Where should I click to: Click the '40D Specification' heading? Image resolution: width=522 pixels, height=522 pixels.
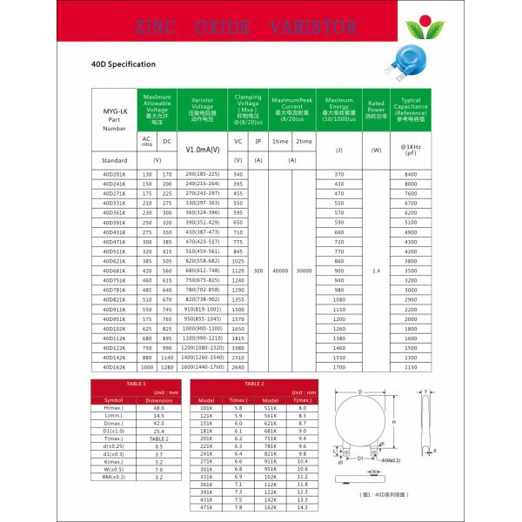(123, 64)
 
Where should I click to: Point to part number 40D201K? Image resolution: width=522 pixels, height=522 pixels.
(114, 175)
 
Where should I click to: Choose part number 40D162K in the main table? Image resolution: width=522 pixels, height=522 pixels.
(114, 368)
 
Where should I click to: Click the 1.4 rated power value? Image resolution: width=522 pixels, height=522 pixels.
(376, 271)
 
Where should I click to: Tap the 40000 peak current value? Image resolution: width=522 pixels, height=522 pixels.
(280, 271)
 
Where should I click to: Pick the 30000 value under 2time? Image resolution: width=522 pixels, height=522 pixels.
(304, 271)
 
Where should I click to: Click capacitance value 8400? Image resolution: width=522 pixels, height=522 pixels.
(411, 175)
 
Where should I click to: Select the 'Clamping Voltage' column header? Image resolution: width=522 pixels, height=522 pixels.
(247, 110)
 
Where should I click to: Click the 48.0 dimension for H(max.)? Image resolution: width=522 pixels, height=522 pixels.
(159, 407)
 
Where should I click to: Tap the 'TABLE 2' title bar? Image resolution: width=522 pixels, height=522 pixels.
(253, 383)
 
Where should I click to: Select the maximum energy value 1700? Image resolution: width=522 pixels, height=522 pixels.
(339, 368)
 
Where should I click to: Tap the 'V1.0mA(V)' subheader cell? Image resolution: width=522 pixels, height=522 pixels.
(202, 150)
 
